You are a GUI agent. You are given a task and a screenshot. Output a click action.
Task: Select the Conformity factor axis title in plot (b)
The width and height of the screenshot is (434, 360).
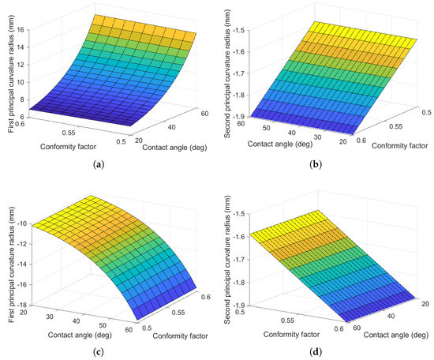[391, 143]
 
